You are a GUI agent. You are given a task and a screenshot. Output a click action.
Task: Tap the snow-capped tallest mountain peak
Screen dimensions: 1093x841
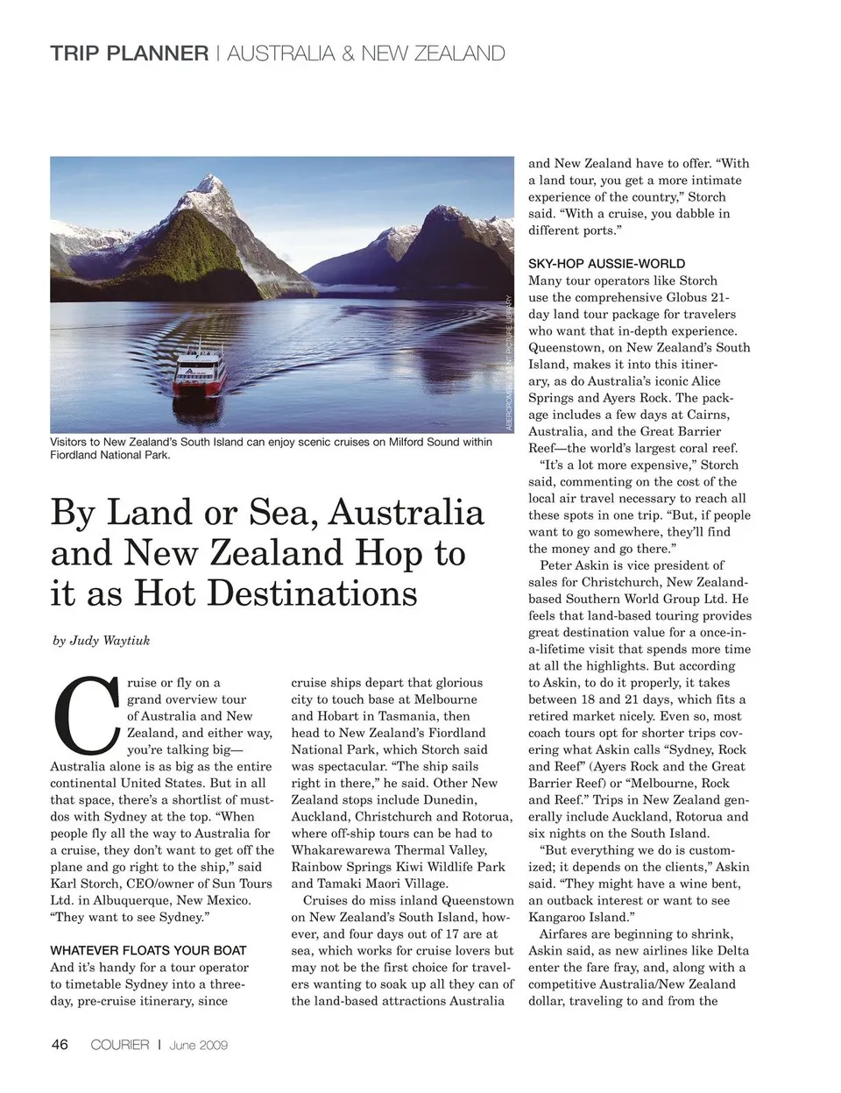pos(209,184)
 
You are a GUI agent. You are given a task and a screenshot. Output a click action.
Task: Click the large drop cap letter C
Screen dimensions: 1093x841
pos(86,714)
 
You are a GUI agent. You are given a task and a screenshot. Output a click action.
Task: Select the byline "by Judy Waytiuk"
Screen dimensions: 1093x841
pos(102,641)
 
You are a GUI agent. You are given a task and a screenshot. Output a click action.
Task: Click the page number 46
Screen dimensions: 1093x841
pos(60,1044)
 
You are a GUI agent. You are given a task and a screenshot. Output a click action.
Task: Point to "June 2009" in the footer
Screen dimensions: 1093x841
pos(199,1045)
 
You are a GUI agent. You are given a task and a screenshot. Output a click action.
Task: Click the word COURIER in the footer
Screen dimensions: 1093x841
pos(120,1045)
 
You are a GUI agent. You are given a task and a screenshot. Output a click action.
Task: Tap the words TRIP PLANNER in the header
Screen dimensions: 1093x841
pos(130,53)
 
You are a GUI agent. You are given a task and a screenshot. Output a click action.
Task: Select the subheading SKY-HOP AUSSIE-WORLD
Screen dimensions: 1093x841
pos(606,264)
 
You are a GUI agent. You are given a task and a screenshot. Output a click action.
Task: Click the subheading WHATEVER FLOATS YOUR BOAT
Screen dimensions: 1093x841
pos(148,950)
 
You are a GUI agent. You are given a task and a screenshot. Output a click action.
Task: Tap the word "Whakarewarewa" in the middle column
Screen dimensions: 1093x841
pos(345,850)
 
